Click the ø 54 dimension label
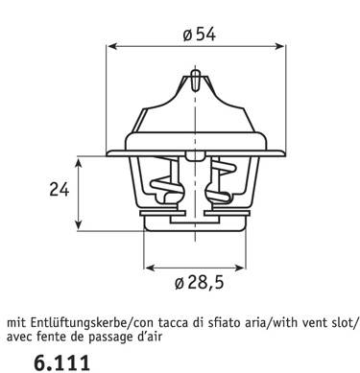point(199,35)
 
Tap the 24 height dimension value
point(60,190)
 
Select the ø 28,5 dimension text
point(199,283)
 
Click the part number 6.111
point(61,362)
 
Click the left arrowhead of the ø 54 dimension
point(111,46)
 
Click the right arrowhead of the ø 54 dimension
point(279,46)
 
